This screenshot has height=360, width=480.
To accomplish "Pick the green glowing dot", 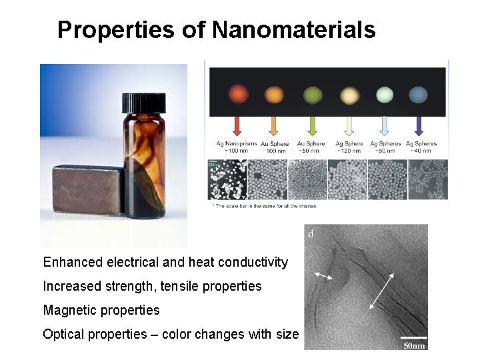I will [312, 94].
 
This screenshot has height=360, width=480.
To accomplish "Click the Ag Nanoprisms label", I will [236, 143].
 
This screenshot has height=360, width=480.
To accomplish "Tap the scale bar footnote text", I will [265, 206].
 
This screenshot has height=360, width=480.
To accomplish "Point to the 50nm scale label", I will [414, 345].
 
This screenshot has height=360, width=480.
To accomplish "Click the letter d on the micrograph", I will [311, 234].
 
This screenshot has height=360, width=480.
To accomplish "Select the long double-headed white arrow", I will [381, 291].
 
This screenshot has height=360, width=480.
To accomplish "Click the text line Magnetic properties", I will [101, 310].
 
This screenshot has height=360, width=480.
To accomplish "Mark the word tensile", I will [189, 286].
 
